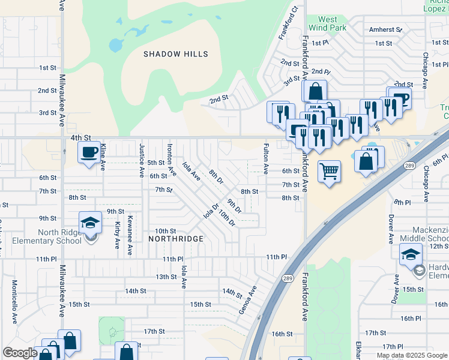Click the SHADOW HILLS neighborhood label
tap(176, 54)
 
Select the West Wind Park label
tap(328, 23)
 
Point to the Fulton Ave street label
tap(267, 156)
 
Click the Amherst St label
tap(385, 29)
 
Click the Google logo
tap(20, 353)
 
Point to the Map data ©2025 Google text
tap(411, 355)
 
